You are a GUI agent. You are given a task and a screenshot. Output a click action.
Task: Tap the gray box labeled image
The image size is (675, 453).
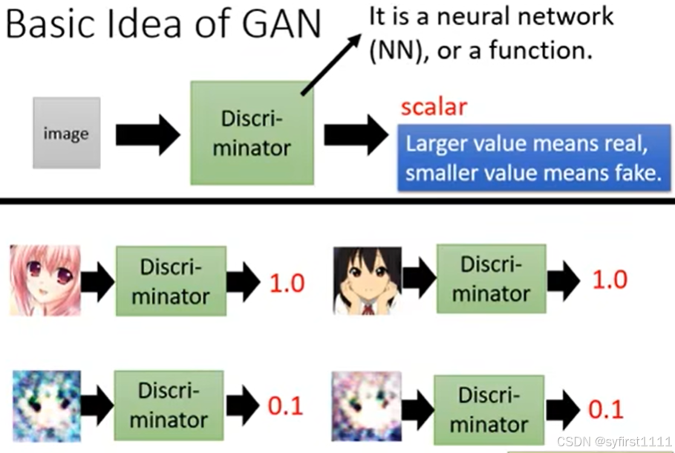coord(66,133)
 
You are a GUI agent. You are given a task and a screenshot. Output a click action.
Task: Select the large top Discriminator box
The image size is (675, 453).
coord(252,133)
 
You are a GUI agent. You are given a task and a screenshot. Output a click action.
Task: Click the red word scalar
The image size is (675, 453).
coord(434,107)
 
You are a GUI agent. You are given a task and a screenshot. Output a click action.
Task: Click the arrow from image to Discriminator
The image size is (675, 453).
coord(148,134)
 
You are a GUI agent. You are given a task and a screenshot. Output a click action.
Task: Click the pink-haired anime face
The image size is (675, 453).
coord(45,280)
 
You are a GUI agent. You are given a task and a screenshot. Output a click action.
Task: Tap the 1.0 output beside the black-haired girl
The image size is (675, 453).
coord(609,279)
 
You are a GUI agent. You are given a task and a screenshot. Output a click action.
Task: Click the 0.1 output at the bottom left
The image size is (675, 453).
coord(285,405)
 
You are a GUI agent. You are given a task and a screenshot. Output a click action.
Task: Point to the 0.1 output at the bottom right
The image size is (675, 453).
coord(605,409)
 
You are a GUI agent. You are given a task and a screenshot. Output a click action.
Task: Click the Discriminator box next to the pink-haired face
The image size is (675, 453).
coord(171,281)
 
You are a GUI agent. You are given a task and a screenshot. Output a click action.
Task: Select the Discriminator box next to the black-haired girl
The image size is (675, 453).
coord(491,278)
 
